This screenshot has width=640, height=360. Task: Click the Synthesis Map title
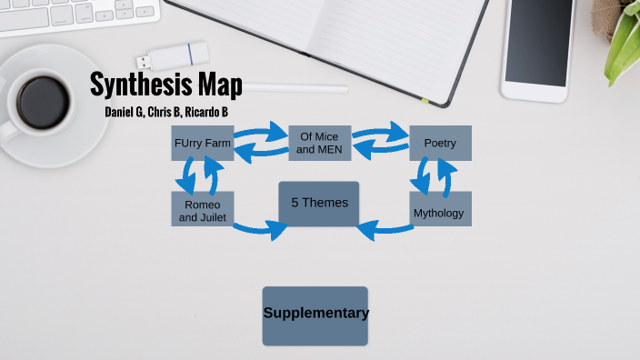coord(166,85)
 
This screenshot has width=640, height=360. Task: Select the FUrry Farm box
coord(203,144)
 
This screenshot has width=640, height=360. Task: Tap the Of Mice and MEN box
coord(319,144)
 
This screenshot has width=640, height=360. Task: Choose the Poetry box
coord(440,144)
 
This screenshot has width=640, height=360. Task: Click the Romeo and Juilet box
coord(202,209)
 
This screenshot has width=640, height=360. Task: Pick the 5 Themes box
coord(319,203)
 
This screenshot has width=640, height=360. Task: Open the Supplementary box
coord(315,315)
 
